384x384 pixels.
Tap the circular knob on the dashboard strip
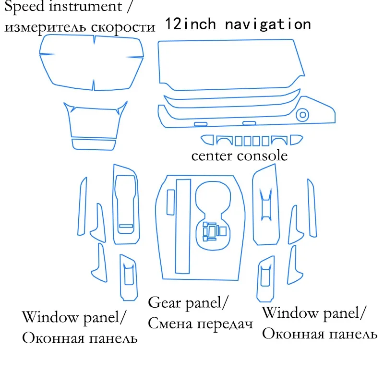point(303,115)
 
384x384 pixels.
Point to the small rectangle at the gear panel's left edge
point(170,202)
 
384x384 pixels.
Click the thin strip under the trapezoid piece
point(94,144)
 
